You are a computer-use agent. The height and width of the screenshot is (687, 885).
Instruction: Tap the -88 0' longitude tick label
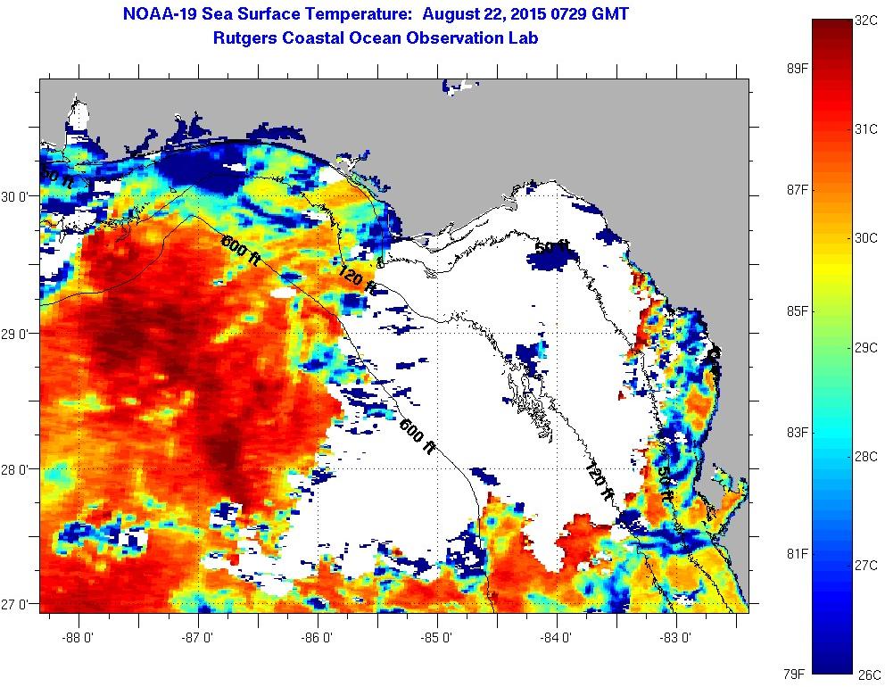point(79,638)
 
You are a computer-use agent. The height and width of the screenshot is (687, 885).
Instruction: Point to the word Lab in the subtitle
point(523,38)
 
